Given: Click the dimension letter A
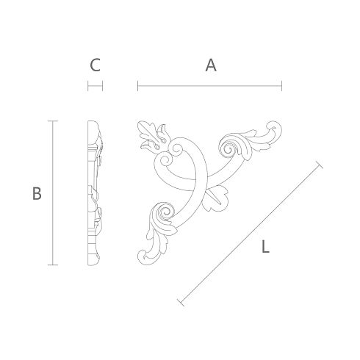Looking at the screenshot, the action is [x=211, y=65].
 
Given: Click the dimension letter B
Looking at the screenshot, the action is [x=37, y=193].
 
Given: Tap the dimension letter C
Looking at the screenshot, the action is [x=95, y=65].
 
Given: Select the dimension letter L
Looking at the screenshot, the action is [x=265, y=247].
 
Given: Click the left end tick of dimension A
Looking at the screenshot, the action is [x=138, y=86].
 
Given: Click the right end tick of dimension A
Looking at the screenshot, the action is [x=282, y=86].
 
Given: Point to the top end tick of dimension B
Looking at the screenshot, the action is [x=53, y=121].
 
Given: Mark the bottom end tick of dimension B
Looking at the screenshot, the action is [x=53, y=264].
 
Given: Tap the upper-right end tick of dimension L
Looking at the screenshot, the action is [x=320, y=165].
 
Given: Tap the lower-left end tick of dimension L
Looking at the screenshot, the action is [x=181, y=303].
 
